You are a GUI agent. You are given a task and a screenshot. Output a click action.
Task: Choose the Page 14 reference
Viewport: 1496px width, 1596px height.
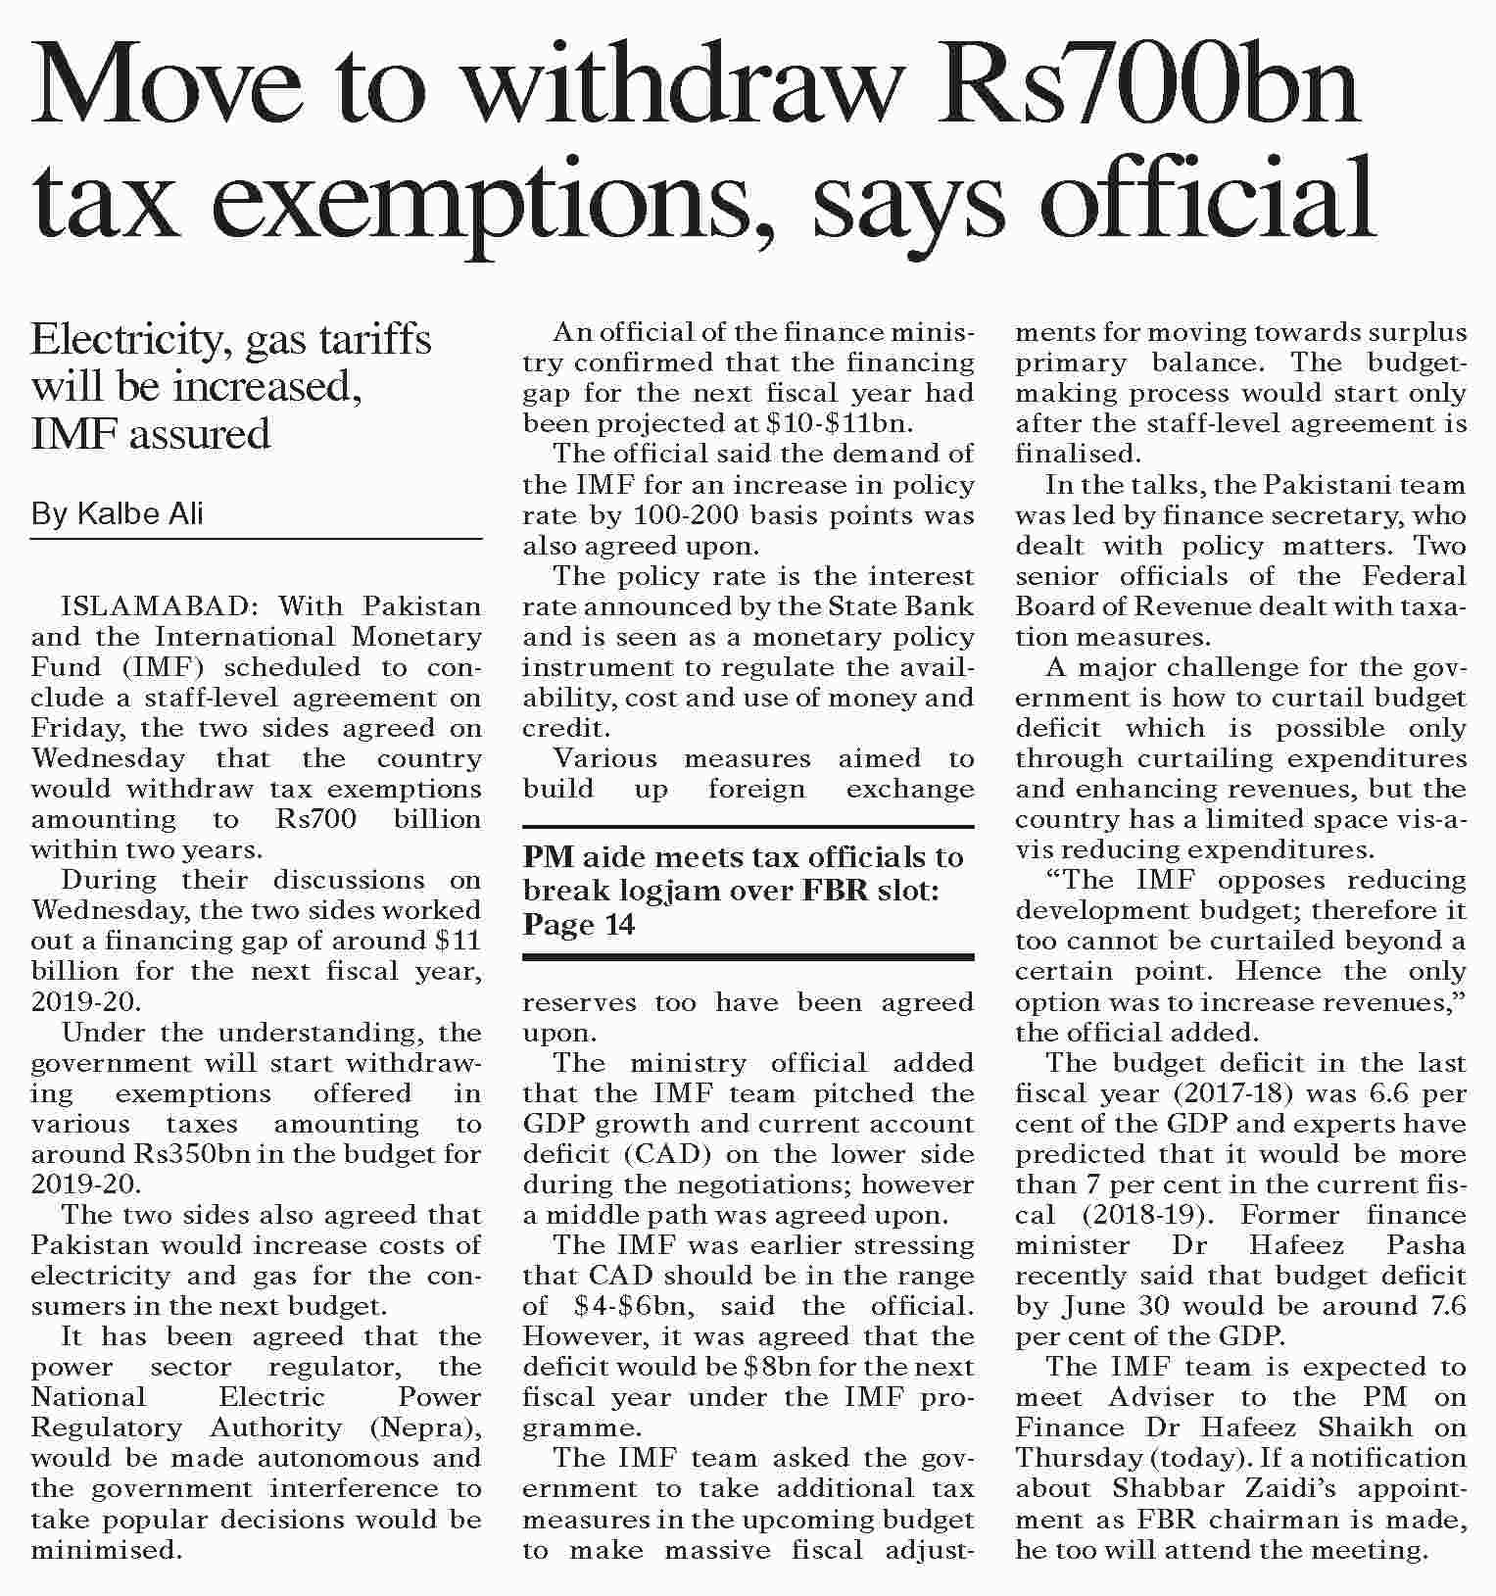tap(579, 924)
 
